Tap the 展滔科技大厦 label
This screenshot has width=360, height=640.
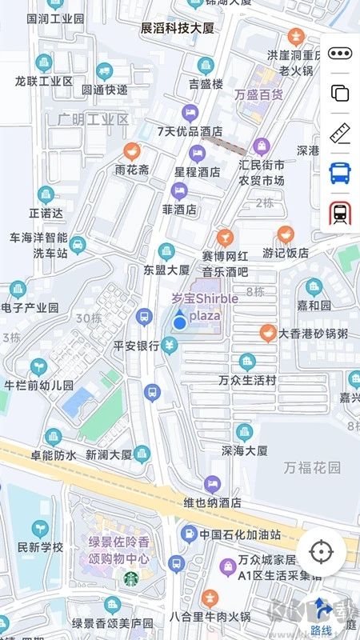(x=178, y=28)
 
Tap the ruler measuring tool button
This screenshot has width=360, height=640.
(x=340, y=132)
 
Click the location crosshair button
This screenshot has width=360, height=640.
(x=322, y=552)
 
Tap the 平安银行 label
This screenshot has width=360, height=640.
(x=136, y=346)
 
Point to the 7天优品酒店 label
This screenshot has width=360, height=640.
(x=190, y=131)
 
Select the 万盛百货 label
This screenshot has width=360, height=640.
(x=259, y=94)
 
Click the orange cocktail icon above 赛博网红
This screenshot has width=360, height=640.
(x=226, y=238)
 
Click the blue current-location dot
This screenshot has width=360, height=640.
(x=181, y=322)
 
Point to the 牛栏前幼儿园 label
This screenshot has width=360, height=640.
(x=39, y=385)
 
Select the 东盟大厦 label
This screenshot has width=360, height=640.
(x=166, y=270)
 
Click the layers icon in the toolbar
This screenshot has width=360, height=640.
(x=340, y=93)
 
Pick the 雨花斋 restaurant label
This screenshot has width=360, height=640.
(x=132, y=170)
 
